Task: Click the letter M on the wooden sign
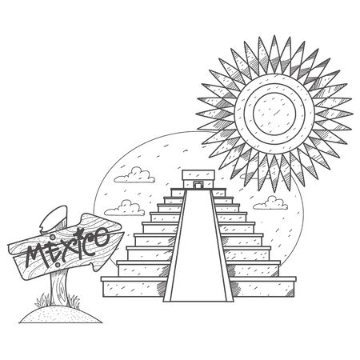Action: [x=37, y=255]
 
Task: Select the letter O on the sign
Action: [x=102, y=238]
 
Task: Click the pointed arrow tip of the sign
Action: [x=123, y=234]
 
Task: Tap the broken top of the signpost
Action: [x=54, y=218]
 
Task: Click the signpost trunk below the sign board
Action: [x=59, y=288]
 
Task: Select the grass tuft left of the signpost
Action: [x=42, y=301]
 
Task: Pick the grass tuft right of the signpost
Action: [x=74, y=302]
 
